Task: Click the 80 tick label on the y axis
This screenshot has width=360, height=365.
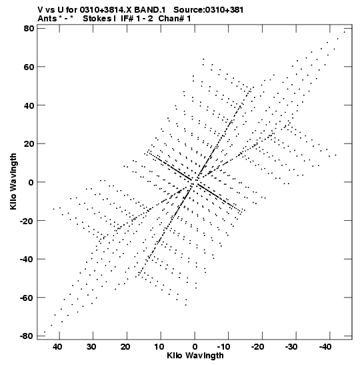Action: coord(29,29)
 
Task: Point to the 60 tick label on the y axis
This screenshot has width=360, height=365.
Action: coord(29,67)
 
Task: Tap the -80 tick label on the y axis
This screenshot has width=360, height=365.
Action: coord(27,336)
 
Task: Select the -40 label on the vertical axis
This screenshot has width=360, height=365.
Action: coord(27,259)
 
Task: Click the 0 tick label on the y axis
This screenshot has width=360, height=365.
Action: coord(31,182)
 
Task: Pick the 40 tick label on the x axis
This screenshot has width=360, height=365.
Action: coord(57,347)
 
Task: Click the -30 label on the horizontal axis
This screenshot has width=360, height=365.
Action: coord(291,347)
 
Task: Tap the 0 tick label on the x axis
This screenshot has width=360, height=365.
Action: coord(195,347)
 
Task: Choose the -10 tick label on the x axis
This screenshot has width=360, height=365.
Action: coord(223,347)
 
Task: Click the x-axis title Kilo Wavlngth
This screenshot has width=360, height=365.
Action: coord(195,356)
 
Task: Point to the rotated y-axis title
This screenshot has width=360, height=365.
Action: coord(13,181)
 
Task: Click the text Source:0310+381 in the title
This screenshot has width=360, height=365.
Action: coord(209,10)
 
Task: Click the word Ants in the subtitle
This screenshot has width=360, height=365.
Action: coord(47,19)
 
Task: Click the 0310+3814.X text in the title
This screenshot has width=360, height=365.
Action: coord(106,10)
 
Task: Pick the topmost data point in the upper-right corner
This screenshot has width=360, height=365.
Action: coord(345,32)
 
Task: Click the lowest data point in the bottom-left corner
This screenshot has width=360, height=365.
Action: coord(45,332)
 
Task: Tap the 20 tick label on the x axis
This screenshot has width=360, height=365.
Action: coord(125,347)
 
